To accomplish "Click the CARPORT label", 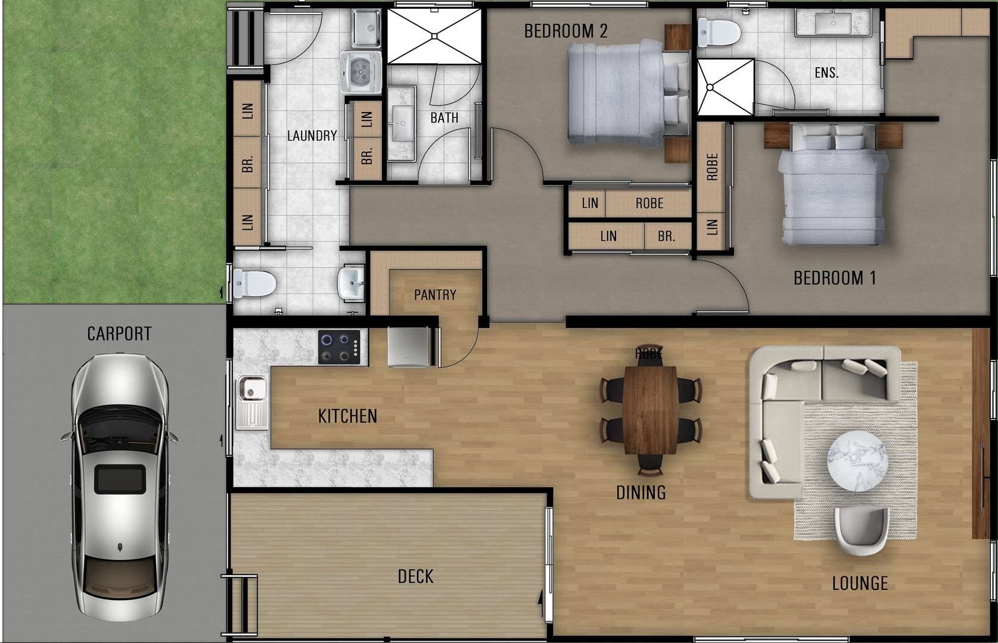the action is pos(119,334).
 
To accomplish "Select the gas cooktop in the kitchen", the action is pos(339,347).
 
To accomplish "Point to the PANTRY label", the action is pos(436,295).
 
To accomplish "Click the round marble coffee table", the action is pos(857,461).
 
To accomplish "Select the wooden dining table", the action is pos(651,410).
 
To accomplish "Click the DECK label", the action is pos(416,577).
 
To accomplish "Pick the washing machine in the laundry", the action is pos(361,72).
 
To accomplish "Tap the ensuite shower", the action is pos(725,88).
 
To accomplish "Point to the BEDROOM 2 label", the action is pos(566,31).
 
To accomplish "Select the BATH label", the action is pos(444,118).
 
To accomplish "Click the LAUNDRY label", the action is pos(312,136).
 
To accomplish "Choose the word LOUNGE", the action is pos(860,583).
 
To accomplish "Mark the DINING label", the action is pos(641,492).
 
